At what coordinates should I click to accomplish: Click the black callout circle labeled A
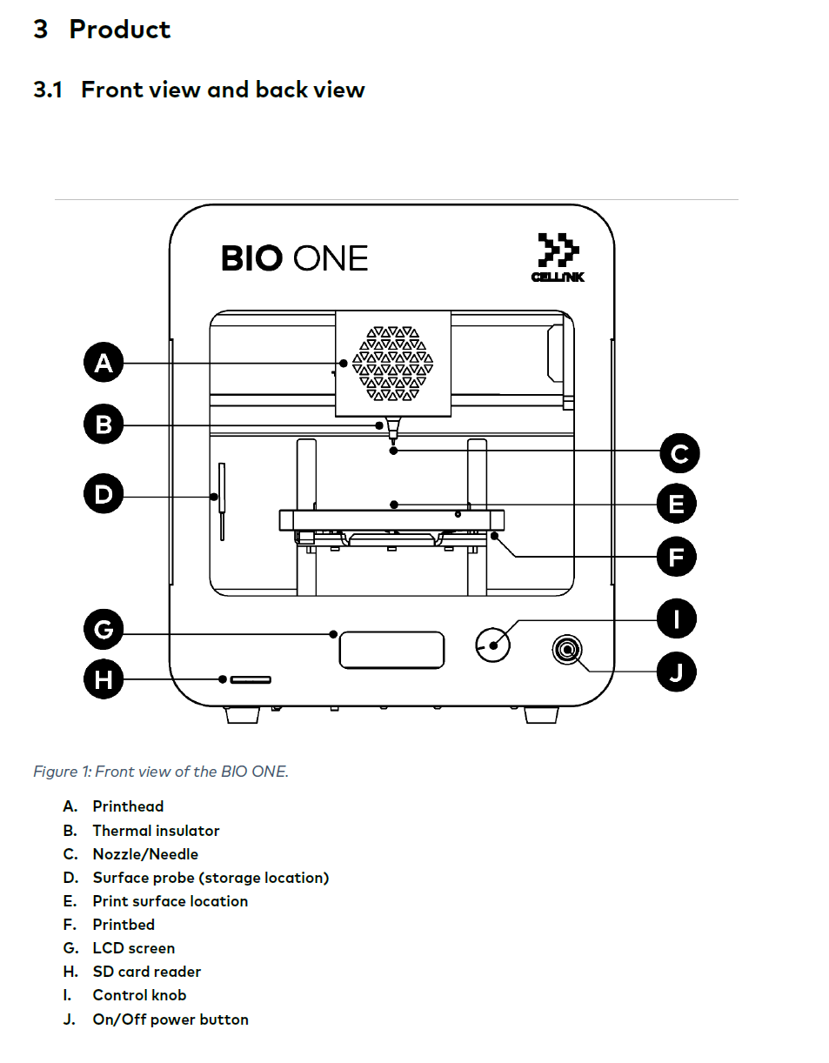click(x=104, y=363)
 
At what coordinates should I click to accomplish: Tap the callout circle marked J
click(x=677, y=672)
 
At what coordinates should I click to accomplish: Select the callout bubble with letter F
click(x=677, y=557)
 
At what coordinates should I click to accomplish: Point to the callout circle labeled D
click(x=104, y=495)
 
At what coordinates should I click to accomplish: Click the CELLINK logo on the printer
click(x=556, y=257)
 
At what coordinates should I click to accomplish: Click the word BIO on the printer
click(x=251, y=258)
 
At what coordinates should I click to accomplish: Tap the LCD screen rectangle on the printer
click(x=391, y=651)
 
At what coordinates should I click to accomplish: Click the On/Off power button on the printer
click(x=567, y=650)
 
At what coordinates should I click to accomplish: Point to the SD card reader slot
click(x=250, y=679)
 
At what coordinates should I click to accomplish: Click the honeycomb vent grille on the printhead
click(x=392, y=364)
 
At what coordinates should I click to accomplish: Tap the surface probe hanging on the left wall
click(x=221, y=500)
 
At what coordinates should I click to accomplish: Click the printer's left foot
click(x=242, y=715)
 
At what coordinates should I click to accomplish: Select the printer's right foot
click(x=541, y=715)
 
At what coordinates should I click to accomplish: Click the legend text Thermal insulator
click(x=156, y=831)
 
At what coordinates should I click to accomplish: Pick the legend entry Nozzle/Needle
click(x=145, y=854)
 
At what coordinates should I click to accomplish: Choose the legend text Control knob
click(x=139, y=995)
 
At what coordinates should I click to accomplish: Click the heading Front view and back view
click(x=223, y=90)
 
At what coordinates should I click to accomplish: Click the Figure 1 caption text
click(x=161, y=772)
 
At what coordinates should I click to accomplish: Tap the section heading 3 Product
click(x=102, y=30)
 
